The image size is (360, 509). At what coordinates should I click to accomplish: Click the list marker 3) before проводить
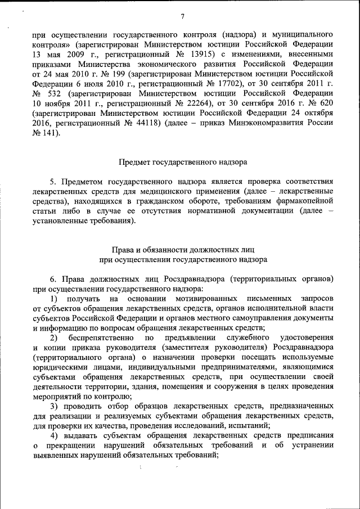point(53,407)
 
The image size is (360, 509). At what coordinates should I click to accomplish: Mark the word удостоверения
point(305,337)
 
